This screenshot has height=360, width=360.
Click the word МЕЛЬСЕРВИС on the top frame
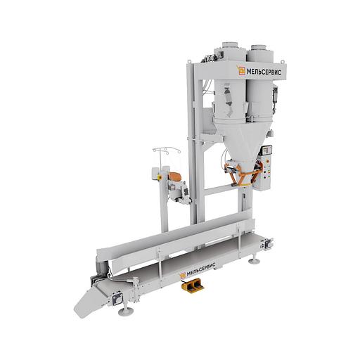pyautogui.click(x=264, y=72)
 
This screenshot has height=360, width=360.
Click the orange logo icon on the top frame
pyautogui.click(x=240, y=70)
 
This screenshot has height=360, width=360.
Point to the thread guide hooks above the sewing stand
pyautogui.click(x=167, y=150)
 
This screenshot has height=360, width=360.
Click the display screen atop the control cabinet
pyautogui.click(x=266, y=150)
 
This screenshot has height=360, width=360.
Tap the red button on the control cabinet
pyautogui.click(x=269, y=174)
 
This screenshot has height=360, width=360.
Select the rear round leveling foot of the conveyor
pyautogui.click(x=253, y=260)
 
